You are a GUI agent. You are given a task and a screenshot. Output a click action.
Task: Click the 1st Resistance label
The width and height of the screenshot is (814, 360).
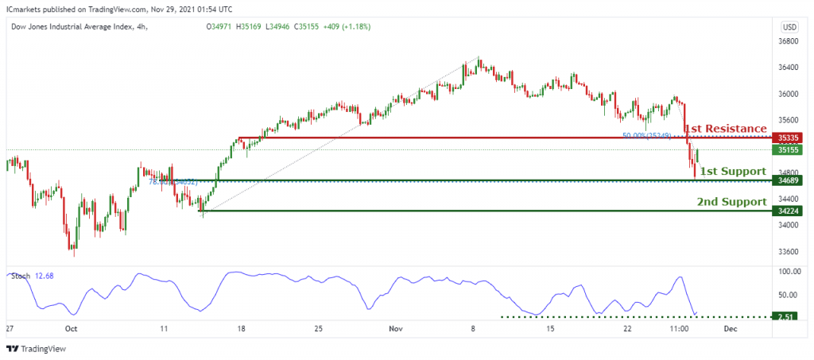pos(726,129)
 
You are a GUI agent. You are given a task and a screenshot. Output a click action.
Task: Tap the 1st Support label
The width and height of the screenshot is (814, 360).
pos(732,171)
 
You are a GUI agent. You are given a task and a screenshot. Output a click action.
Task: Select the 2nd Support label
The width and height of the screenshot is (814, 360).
pos(731,202)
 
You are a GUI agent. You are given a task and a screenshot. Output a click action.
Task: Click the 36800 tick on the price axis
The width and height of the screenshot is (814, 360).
pos(789,41)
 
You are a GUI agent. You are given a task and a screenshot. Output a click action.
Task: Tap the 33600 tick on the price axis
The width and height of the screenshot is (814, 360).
pos(789,252)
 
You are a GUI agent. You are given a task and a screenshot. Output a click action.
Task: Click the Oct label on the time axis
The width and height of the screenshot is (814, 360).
pos(72,327)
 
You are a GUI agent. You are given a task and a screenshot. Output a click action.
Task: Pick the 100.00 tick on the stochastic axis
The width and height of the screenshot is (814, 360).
pos(789,272)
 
